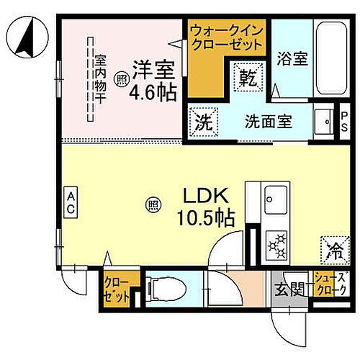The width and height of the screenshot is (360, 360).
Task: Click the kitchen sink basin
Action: click(276, 197)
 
